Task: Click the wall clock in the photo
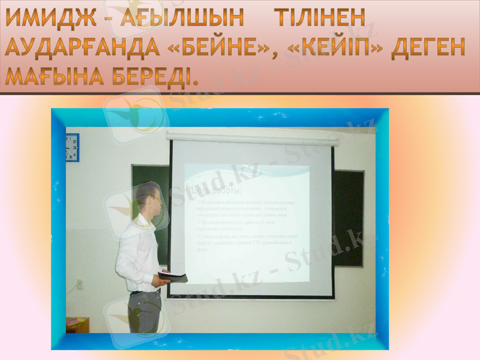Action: click(72, 146)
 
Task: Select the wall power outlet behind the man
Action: click(79, 283)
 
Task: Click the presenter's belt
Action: click(145, 292)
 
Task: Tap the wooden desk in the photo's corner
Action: click(77, 325)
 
